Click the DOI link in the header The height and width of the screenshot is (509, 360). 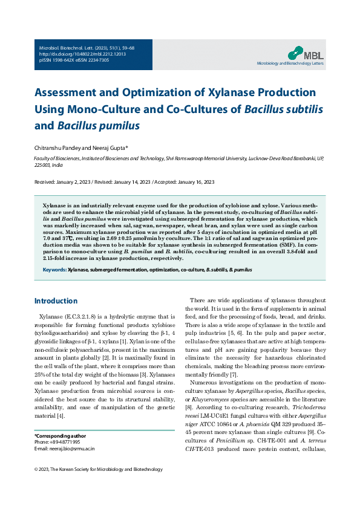(74, 53)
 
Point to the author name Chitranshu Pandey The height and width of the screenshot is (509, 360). (61, 147)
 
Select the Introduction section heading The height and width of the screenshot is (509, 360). (56, 301)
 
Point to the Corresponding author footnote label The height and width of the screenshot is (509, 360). (60, 436)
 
